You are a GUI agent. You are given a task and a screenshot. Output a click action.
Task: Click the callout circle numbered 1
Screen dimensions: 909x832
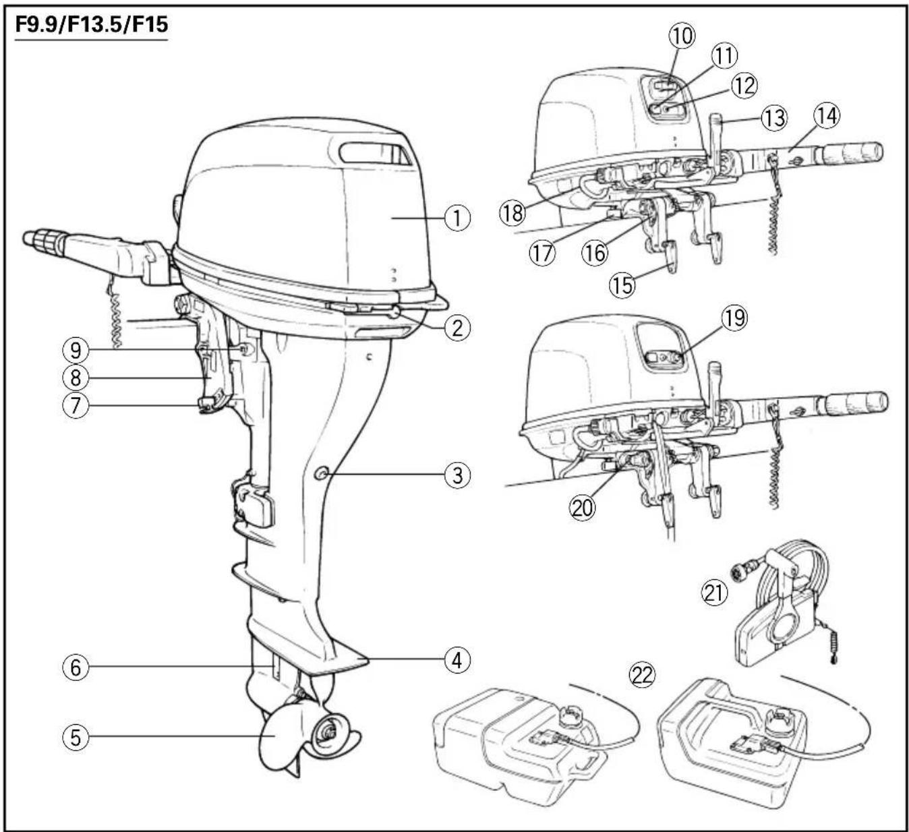(x=457, y=218)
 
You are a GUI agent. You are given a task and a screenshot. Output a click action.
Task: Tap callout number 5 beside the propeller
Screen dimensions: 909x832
(x=76, y=737)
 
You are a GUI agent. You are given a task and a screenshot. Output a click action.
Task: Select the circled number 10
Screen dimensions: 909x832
(x=682, y=36)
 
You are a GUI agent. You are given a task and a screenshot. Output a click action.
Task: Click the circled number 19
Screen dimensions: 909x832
(x=734, y=318)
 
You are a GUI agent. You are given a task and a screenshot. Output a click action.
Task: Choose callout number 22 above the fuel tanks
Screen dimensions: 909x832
(x=642, y=676)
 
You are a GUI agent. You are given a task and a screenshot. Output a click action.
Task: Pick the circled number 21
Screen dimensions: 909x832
(x=714, y=592)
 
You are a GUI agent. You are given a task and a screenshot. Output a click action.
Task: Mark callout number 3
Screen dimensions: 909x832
(x=457, y=475)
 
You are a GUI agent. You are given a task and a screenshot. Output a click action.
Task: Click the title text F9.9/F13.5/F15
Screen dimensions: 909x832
(x=92, y=24)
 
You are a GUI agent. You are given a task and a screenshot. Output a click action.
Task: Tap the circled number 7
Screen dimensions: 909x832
(x=76, y=405)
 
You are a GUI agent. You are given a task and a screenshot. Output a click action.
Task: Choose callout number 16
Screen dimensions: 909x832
(x=595, y=252)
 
